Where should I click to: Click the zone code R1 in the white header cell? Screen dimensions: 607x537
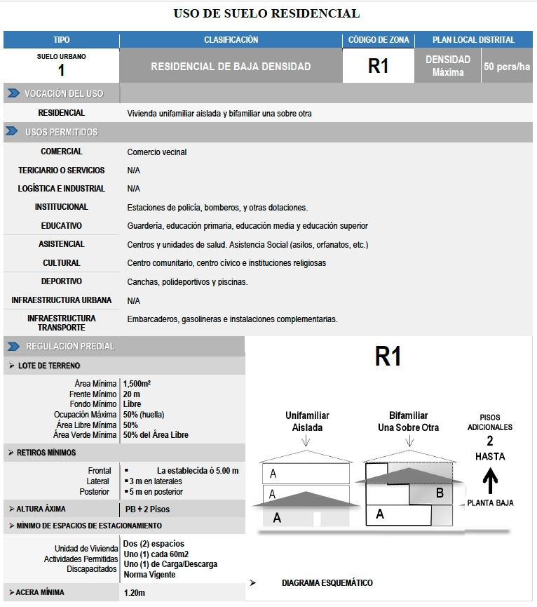click(378, 67)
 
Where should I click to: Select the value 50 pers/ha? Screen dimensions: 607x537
click(507, 67)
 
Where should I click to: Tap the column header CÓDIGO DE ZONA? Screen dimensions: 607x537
click(378, 40)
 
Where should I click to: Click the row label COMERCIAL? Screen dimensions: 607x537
click(62, 152)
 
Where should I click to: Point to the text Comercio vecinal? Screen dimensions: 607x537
click(157, 152)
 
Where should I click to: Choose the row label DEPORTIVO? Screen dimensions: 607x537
click(62, 281)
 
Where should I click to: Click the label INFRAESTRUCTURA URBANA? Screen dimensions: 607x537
click(62, 300)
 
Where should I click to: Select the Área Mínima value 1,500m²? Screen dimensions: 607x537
click(137, 384)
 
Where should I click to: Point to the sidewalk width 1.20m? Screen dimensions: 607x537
click(135, 593)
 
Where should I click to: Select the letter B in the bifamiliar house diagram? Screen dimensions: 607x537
click(440, 493)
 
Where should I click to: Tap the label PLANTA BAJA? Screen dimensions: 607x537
click(491, 503)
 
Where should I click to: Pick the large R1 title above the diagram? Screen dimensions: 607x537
click(388, 357)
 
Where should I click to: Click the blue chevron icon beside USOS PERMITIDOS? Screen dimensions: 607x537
click(13, 132)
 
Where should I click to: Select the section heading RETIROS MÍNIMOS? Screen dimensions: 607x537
click(46, 453)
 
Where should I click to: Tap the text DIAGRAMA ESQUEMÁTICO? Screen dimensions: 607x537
click(327, 583)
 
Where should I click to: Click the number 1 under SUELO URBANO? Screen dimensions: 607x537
click(62, 70)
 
